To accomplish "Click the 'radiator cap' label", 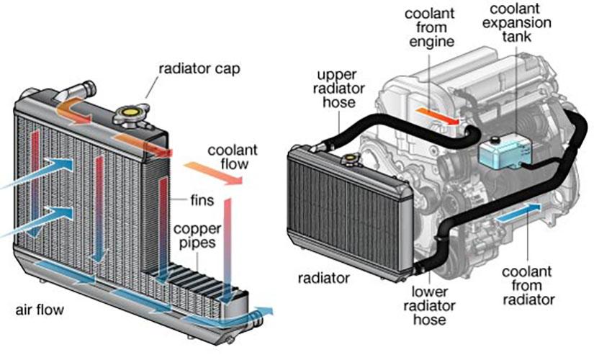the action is (x=199, y=69).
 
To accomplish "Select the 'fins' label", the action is (x=202, y=200).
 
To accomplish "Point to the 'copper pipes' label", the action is (x=197, y=236).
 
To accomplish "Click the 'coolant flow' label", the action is (x=233, y=157).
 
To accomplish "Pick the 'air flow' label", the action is (x=40, y=310).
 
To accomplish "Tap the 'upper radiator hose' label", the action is (x=338, y=89).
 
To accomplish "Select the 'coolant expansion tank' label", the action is (x=517, y=23).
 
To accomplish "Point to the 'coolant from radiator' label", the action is (x=528, y=285).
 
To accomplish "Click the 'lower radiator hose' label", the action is (x=429, y=305).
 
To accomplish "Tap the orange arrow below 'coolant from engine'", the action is (x=438, y=116).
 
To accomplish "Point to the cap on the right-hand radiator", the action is (x=349, y=159).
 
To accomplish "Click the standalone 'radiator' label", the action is (x=323, y=279).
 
